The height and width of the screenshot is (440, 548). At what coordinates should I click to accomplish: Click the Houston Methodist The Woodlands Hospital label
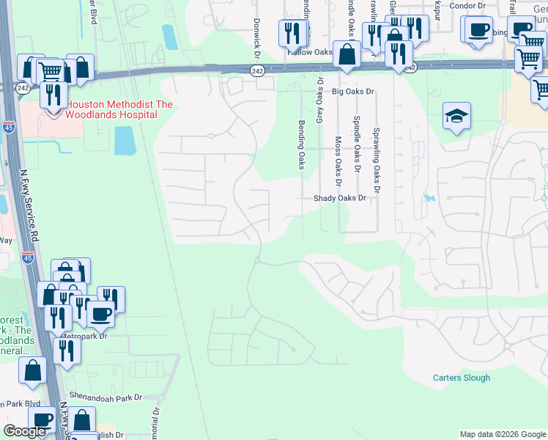click(x=120, y=109)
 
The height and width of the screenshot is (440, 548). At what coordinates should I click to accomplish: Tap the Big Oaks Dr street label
click(x=352, y=92)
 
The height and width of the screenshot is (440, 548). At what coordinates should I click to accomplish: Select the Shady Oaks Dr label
click(x=339, y=198)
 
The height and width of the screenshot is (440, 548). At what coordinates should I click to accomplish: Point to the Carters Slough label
click(x=461, y=378)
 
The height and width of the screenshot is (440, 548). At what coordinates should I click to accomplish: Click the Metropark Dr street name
click(x=84, y=336)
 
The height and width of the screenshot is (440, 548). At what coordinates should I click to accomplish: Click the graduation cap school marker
click(x=456, y=116)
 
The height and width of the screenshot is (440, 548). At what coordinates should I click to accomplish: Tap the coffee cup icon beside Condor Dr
click(x=478, y=29)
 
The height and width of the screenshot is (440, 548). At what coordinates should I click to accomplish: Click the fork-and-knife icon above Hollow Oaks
click(x=292, y=33)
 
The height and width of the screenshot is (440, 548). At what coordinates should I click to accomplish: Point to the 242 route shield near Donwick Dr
click(x=256, y=70)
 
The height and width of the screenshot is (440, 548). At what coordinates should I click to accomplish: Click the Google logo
click(x=25, y=431)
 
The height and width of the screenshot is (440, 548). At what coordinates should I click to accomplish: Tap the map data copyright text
click(x=502, y=434)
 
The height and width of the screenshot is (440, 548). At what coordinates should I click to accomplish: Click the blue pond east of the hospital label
click(x=125, y=140)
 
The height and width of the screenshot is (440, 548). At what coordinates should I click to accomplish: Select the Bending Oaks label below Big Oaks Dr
click(x=300, y=144)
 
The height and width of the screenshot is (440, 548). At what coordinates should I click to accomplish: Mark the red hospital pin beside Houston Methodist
click(x=53, y=112)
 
